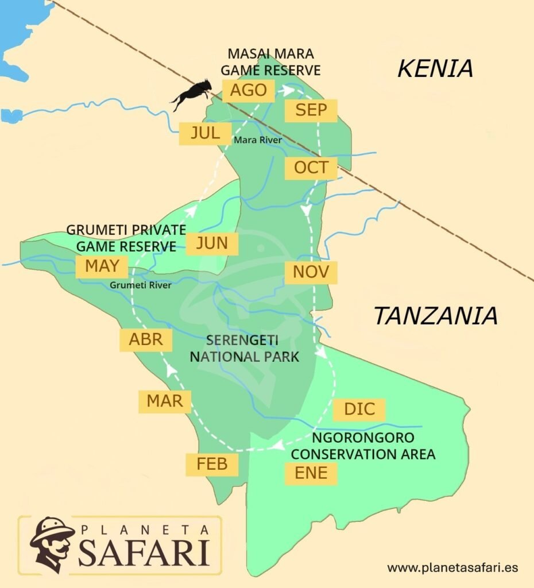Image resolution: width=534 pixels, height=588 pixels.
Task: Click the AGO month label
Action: [x=248, y=91]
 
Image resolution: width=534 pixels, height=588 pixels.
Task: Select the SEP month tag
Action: [x=311, y=110]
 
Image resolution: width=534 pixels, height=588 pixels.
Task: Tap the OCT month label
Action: [x=311, y=168]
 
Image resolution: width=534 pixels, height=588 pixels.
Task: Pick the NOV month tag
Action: [x=311, y=272]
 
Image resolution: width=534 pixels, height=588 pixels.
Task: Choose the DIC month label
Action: [x=359, y=409]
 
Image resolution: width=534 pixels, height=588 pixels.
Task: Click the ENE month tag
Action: [x=311, y=473]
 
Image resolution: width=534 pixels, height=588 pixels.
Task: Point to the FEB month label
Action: [x=212, y=464]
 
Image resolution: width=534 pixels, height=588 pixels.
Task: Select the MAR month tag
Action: [x=164, y=401]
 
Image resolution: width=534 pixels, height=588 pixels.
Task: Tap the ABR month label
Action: [x=146, y=339]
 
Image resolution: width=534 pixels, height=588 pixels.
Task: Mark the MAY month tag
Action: [x=102, y=266]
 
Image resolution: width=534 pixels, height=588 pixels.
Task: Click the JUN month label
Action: [x=212, y=243]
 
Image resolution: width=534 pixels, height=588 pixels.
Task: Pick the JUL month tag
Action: [x=205, y=133]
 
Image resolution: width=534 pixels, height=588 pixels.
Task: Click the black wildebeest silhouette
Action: [x=192, y=94]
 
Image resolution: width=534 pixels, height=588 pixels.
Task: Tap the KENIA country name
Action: [x=435, y=68]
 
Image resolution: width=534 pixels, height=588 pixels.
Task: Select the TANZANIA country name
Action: [x=435, y=316]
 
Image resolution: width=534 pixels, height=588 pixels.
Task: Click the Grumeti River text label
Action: [x=141, y=284]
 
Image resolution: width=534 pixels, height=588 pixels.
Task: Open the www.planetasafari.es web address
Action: [x=452, y=567]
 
